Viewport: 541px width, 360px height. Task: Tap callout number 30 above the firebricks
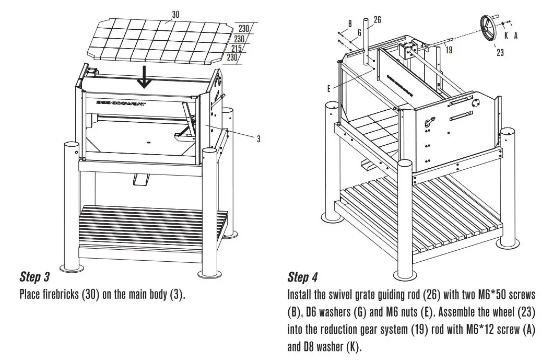pyautogui.click(x=175, y=15)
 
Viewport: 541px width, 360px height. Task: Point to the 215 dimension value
pyautogui.click(x=237, y=49)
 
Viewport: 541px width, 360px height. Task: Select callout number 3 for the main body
pyautogui.click(x=258, y=139)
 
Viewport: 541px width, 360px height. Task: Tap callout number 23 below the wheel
pyautogui.click(x=500, y=53)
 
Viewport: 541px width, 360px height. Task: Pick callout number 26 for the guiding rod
pyautogui.click(x=377, y=19)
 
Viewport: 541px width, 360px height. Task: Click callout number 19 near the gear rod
pyautogui.click(x=449, y=50)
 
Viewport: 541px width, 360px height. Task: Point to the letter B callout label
pyautogui.click(x=349, y=23)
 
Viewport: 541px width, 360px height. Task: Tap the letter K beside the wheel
pyautogui.click(x=505, y=36)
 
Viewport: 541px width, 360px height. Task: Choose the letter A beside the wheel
pyautogui.click(x=516, y=36)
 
